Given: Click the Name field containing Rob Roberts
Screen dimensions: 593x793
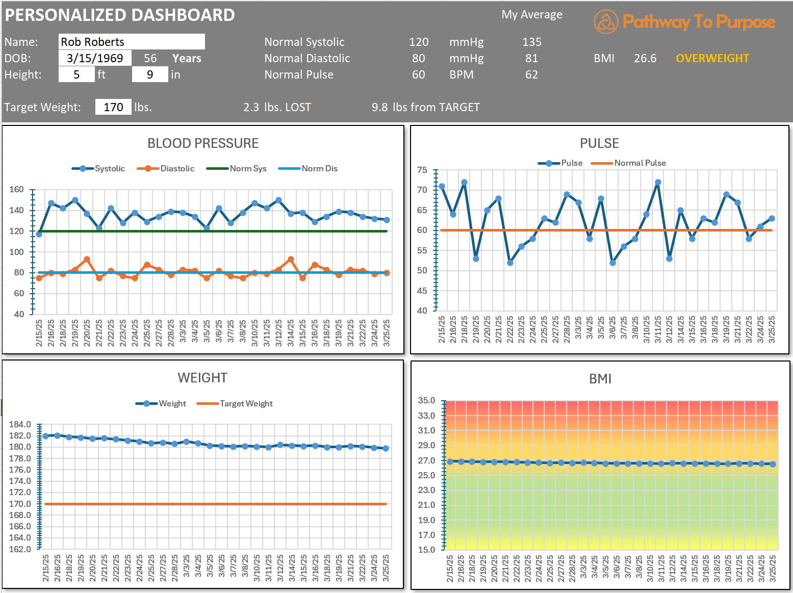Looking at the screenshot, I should [x=132, y=42].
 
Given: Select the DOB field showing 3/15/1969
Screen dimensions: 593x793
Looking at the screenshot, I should [x=95, y=58].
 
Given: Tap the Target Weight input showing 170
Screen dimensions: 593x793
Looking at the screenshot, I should [x=113, y=107].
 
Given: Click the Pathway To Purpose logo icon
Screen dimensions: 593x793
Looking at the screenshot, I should [x=606, y=22].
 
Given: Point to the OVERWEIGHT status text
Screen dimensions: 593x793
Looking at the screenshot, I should [x=712, y=58].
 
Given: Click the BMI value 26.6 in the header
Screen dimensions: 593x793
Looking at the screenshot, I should [x=645, y=58].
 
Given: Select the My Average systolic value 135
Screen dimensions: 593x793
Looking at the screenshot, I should [x=531, y=42].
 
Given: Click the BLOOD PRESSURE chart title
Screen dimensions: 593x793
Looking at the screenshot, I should [x=203, y=143].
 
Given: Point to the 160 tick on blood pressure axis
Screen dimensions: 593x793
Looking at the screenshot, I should [x=16, y=189].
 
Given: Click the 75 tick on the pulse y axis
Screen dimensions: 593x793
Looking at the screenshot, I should [x=422, y=170].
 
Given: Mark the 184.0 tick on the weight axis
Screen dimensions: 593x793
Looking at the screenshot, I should [x=20, y=424].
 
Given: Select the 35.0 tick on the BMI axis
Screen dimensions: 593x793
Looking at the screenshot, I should [x=426, y=400].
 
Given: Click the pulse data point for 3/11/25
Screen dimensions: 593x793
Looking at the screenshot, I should [x=658, y=182].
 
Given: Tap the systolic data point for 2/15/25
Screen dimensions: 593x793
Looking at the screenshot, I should [x=39, y=234].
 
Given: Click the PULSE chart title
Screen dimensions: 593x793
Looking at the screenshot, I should [x=599, y=143].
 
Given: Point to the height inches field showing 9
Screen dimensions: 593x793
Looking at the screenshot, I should [x=149, y=74].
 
